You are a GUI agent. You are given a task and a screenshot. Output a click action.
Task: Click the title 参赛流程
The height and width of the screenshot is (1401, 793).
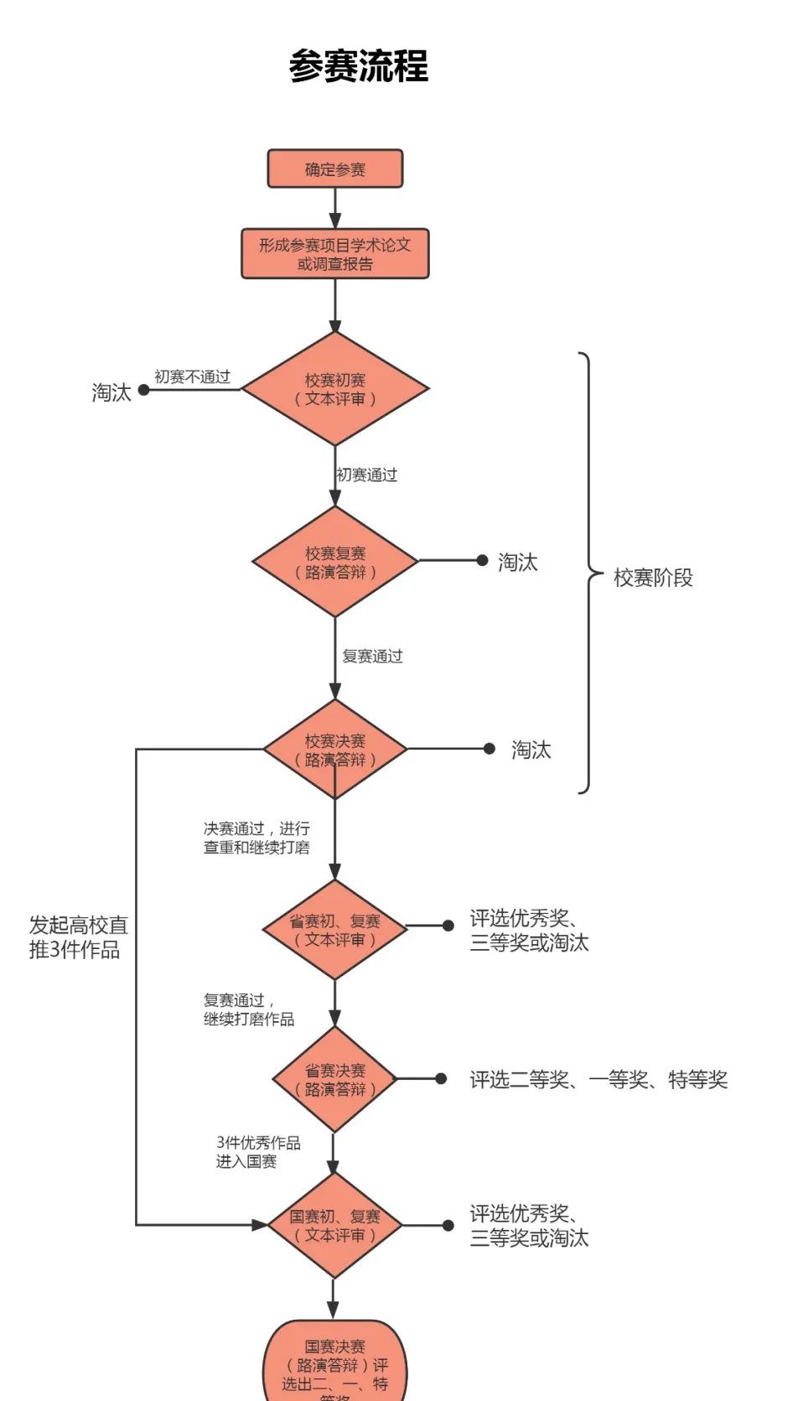(x=358, y=66)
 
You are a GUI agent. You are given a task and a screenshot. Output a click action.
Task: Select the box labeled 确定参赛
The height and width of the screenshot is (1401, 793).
(x=334, y=169)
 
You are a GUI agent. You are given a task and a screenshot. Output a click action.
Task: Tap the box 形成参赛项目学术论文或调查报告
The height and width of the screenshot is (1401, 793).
(x=334, y=254)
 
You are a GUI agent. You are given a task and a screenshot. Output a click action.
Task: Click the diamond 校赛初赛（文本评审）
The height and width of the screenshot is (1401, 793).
(x=334, y=389)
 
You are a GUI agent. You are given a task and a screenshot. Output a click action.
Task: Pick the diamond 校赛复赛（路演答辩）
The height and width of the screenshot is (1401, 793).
(x=334, y=563)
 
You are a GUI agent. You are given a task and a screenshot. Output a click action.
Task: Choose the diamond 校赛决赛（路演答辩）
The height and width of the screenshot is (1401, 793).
(x=334, y=750)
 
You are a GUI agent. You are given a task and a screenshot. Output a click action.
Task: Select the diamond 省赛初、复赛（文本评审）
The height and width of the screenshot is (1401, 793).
(x=334, y=930)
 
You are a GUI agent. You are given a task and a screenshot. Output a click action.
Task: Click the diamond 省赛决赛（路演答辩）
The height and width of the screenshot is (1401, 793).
(x=334, y=1079)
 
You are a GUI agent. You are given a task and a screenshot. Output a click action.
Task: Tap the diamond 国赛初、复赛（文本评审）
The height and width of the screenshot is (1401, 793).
(x=334, y=1225)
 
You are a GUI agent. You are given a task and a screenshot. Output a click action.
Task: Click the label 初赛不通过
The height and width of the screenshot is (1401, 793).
(x=192, y=377)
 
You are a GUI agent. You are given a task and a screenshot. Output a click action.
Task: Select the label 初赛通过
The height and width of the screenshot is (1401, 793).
(x=366, y=475)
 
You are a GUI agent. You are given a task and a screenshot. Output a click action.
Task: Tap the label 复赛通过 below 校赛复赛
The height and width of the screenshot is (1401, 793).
(x=372, y=656)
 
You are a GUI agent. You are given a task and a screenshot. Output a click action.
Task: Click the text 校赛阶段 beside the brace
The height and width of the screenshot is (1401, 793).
(x=653, y=578)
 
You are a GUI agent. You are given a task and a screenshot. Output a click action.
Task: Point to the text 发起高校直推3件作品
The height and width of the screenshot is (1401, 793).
(x=78, y=937)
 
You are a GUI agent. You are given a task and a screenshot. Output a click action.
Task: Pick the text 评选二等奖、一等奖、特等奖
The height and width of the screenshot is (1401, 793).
(x=598, y=1080)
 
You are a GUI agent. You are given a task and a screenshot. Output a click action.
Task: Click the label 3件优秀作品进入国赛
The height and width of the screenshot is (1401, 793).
(x=257, y=1152)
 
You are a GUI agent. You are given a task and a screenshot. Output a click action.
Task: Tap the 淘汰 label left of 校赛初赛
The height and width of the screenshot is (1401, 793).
(x=111, y=392)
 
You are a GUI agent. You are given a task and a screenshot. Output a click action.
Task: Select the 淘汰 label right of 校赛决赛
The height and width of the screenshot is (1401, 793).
(x=531, y=750)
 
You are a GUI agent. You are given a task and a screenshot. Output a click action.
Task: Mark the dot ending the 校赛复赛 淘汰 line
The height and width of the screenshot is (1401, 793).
(x=482, y=560)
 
